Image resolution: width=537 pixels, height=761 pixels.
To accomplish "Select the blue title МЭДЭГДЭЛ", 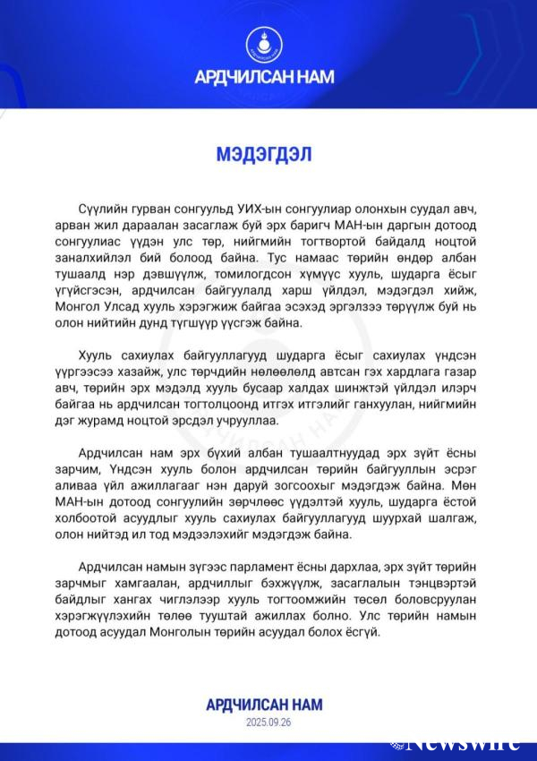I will (264, 153).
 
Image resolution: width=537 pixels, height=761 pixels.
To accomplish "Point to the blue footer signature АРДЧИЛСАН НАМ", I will (268, 704).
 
